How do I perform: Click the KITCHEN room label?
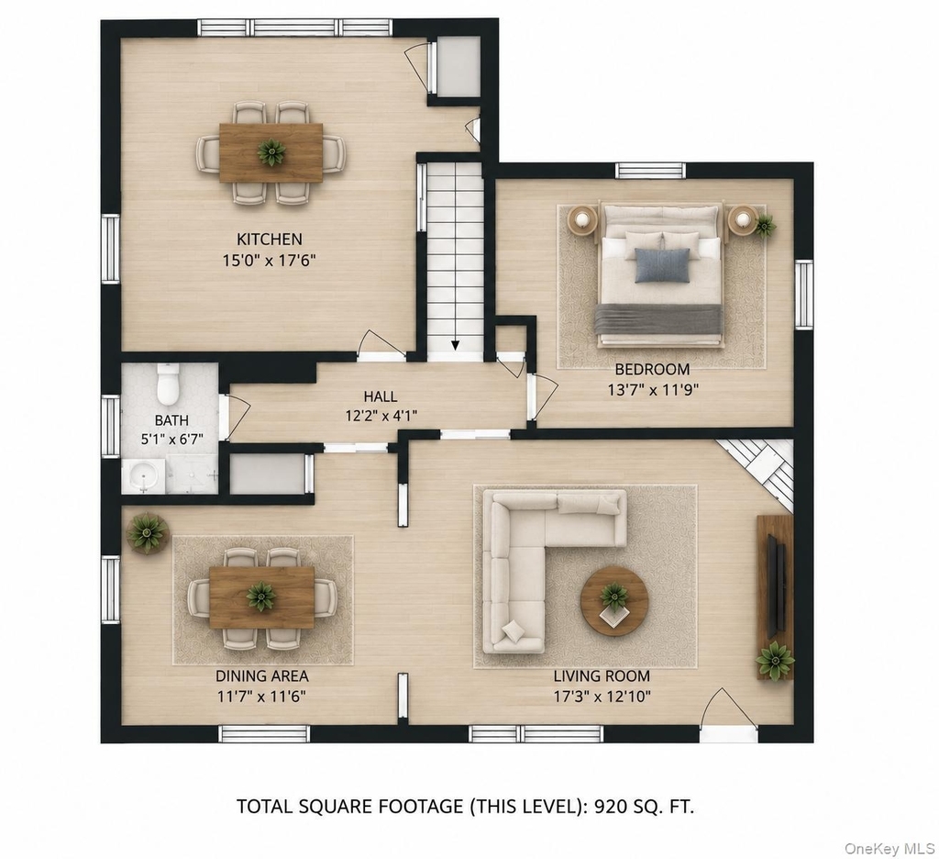[x=270, y=240]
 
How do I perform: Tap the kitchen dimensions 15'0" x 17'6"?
[x=270, y=261]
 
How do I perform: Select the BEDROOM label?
[x=652, y=369]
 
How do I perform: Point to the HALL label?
[x=381, y=396]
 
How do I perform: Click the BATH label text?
[x=171, y=421]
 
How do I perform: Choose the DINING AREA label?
[x=261, y=676]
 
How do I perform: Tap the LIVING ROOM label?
[x=602, y=676]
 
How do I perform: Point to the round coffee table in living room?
[x=614, y=600]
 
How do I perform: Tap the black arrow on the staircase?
[x=455, y=345]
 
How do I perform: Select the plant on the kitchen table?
[x=271, y=151]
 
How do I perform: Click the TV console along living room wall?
[x=775, y=597]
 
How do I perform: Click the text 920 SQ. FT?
[x=643, y=807]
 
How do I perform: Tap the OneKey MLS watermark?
[x=889, y=848]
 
